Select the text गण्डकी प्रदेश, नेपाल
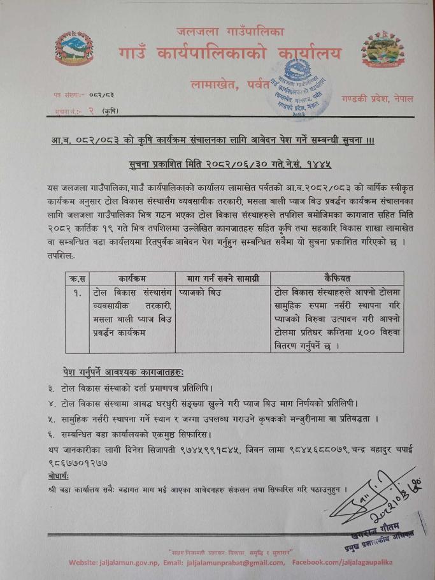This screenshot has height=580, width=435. (x=376, y=99)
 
